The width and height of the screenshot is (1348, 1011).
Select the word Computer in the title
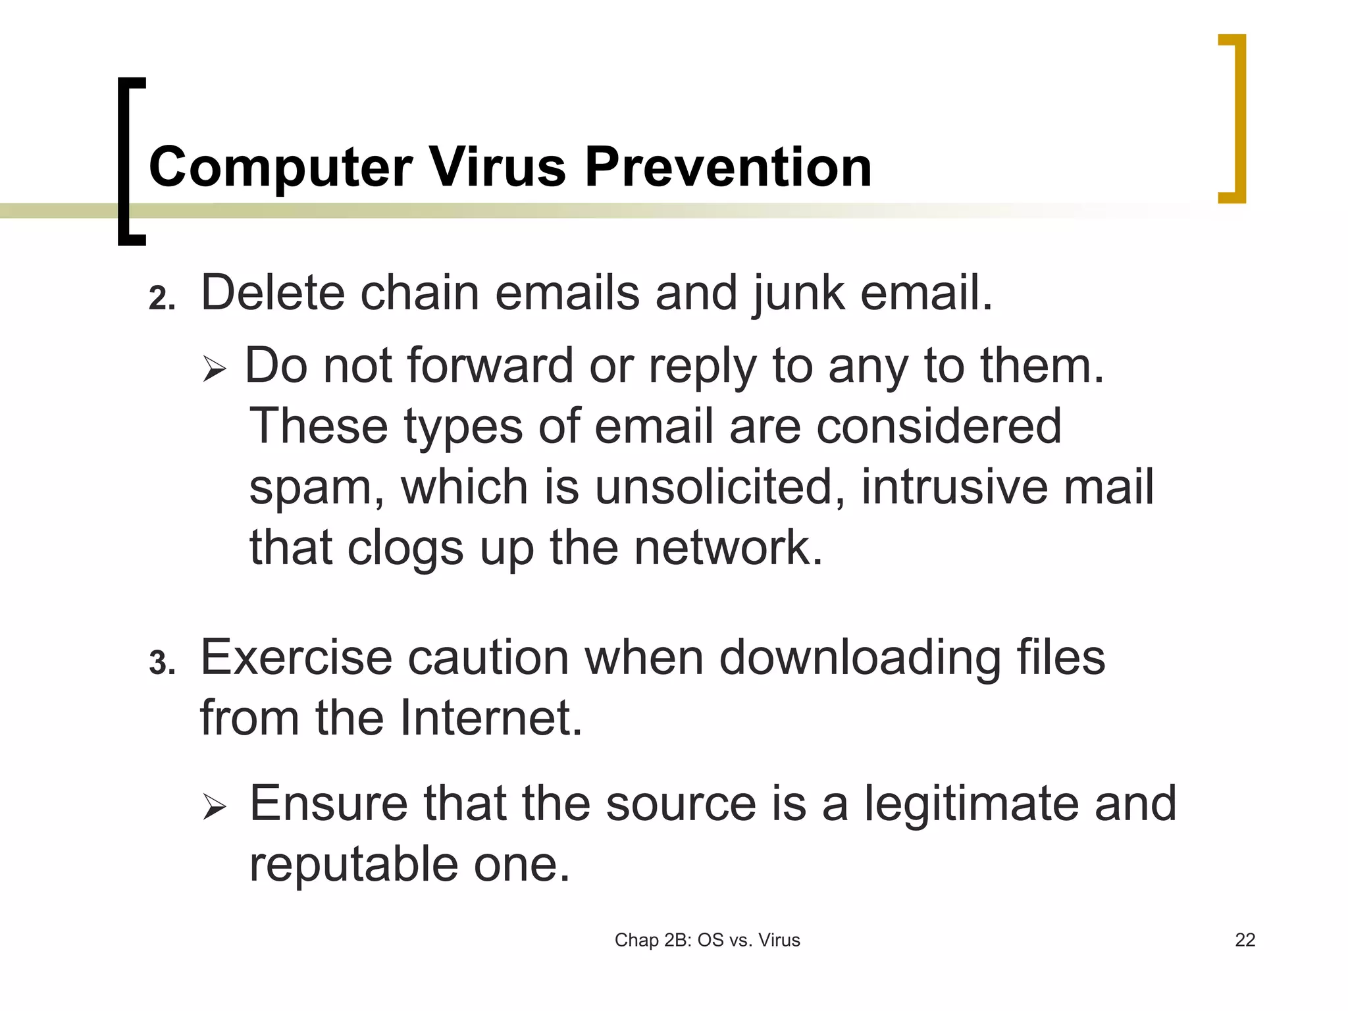[x=281, y=168]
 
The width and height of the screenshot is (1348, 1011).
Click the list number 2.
[x=161, y=298]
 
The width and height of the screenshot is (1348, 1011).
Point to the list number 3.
[x=161, y=663]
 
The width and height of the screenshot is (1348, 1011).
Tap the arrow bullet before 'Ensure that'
[x=215, y=806]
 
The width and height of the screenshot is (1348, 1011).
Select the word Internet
[x=491, y=717]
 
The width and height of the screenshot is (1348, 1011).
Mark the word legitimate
[x=970, y=805]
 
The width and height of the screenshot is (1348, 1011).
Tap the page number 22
[x=1245, y=940]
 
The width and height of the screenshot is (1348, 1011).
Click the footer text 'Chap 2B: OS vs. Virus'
[x=707, y=940]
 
